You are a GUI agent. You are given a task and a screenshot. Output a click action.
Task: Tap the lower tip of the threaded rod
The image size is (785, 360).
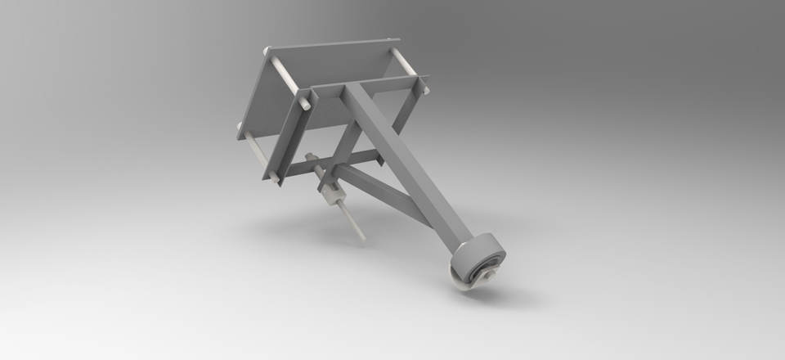362,240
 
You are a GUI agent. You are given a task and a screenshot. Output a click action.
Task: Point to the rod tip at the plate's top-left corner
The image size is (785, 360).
267,52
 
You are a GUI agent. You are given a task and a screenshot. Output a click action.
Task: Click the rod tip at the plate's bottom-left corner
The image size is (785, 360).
240,128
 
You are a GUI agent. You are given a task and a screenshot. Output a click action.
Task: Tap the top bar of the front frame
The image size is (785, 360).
360,86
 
